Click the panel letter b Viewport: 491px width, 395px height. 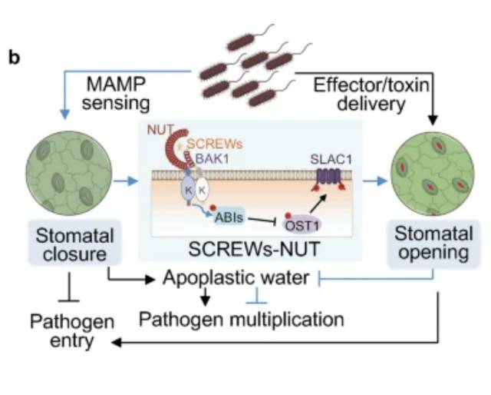[x=13, y=58]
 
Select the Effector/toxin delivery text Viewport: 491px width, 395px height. [x=359, y=93]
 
